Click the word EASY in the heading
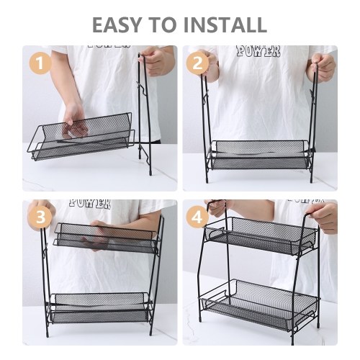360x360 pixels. coord(116,24)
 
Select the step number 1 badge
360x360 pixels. coord(40,63)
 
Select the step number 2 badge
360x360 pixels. coord(197,63)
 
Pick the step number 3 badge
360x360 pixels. coord(40,217)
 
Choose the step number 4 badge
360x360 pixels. coord(197,218)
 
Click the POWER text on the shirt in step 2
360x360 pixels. coord(258,51)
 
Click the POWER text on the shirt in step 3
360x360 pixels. coord(90,203)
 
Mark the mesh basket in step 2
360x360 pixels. coord(261,155)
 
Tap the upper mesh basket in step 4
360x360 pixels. coord(261,235)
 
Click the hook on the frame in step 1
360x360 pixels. coord(141,88)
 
